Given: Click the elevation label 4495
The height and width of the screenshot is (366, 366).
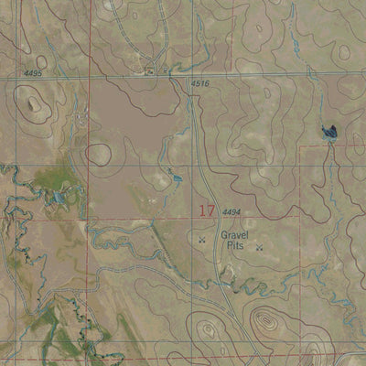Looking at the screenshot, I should pos(33,73).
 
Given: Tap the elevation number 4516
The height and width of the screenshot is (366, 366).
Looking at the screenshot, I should pos(200,84).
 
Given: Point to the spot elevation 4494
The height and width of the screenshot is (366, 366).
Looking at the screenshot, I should pos(231,212).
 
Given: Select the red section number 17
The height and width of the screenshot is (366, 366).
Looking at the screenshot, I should pos(207,211).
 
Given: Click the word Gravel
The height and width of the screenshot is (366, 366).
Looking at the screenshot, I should pos(235,234).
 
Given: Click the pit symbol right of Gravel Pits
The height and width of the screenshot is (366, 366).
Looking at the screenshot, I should pos(259,246).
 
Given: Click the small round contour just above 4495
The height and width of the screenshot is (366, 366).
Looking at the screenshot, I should pos(41,62).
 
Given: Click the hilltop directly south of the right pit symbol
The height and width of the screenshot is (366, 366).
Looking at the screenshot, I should pos(265,320).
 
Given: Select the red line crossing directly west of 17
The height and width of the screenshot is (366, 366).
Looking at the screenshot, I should pos(89,218).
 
